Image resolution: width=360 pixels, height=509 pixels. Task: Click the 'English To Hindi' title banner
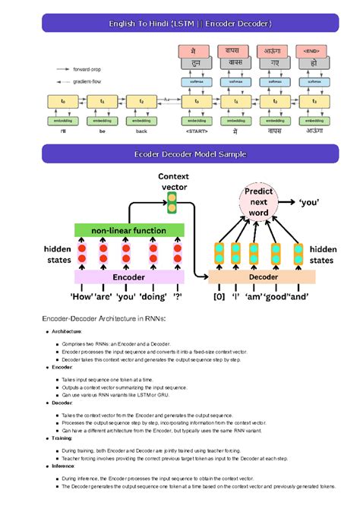(x=179, y=24)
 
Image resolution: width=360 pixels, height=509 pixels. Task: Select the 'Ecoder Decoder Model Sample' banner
(x=179, y=154)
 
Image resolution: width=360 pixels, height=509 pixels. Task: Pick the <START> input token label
(x=197, y=131)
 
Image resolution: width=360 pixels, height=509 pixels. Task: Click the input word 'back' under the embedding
(x=142, y=131)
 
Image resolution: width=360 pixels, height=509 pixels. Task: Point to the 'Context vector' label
(x=173, y=182)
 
